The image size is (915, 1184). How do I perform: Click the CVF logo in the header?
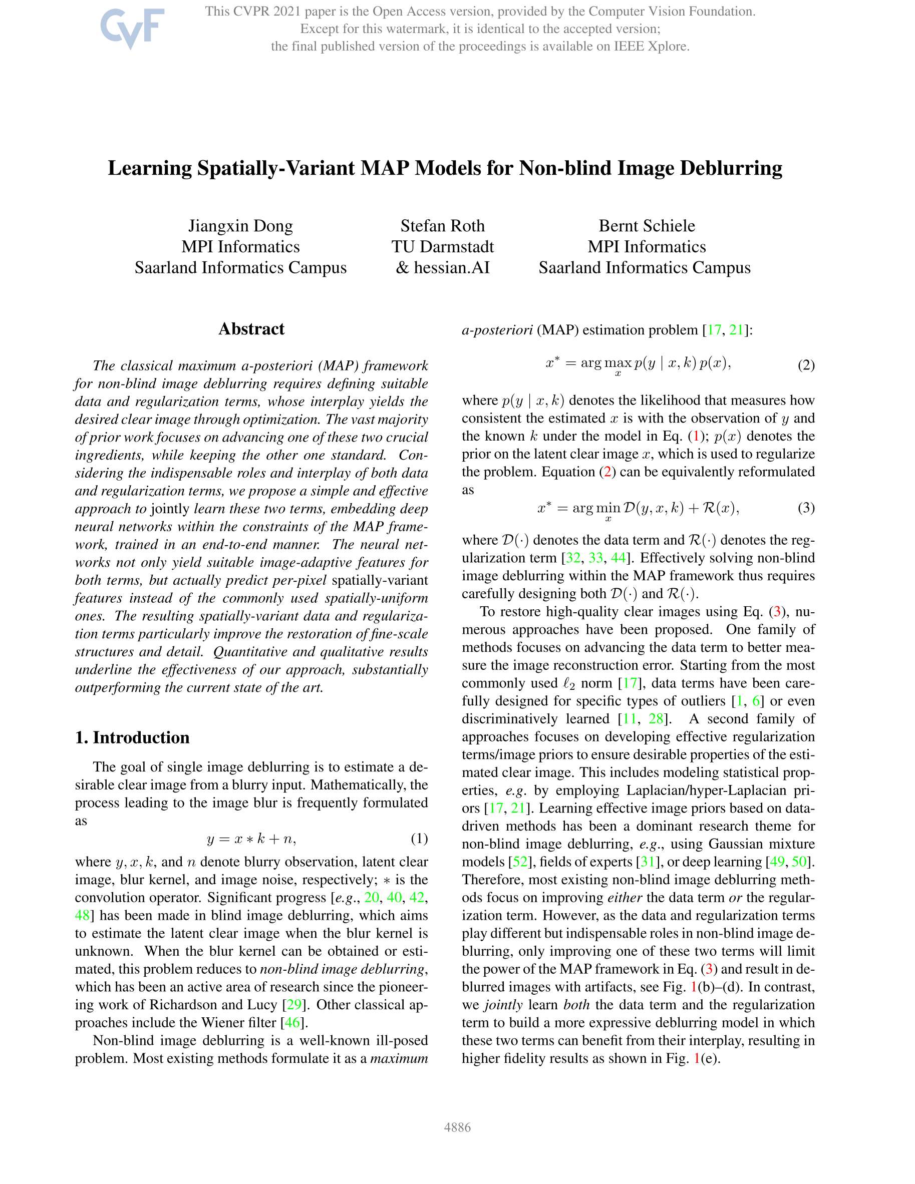(132, 28)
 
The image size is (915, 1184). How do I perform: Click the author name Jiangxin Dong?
(240, 225)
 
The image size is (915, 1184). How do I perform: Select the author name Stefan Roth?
(443, 225)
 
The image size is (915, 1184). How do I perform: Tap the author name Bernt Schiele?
(647, 225)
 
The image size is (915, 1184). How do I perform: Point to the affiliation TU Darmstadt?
(443, 247)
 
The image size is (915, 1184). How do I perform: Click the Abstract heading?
(251, 329)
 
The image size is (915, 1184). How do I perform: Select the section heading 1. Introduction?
(132, 738)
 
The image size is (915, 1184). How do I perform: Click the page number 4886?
(457, 1127)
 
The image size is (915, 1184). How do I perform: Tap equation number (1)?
(419, 839)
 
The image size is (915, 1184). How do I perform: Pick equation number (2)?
(806, 365)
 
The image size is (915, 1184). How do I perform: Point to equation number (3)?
(806, 508)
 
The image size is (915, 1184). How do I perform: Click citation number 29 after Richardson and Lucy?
(293, 1005)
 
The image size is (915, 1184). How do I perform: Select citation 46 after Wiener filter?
(292, 1022)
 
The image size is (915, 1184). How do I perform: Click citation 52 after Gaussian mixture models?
(520, 862)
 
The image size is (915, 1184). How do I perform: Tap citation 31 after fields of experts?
(648, 862)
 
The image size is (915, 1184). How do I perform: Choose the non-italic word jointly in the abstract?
(170, 509)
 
